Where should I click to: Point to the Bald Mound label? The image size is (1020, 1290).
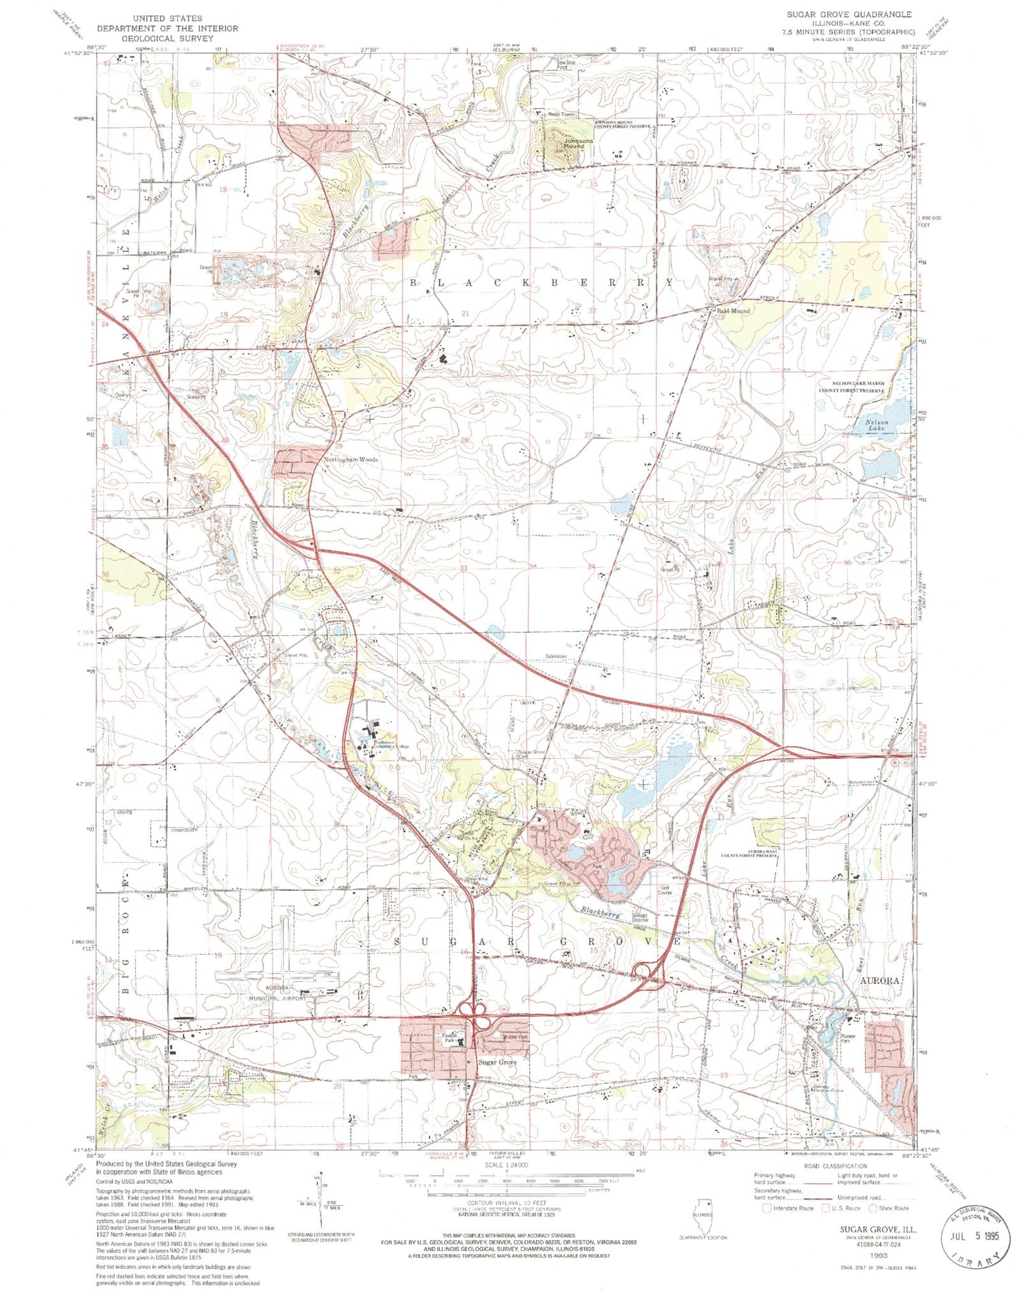(x=732, y=311)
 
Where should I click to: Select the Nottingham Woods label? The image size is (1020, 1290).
(x=350, y=460)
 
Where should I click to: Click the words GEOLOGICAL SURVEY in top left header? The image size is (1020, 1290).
(x=167, y=38)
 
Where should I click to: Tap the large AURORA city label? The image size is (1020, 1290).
(x=880, y=980)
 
